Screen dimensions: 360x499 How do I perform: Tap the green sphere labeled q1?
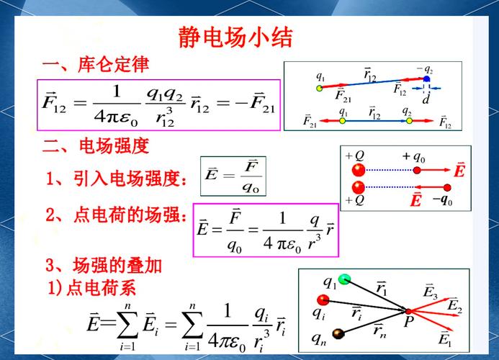(345, 279)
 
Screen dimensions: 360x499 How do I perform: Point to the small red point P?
(408, 311)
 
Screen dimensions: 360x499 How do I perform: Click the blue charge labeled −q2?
(426, 79)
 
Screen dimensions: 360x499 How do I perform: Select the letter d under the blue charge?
(426, 100)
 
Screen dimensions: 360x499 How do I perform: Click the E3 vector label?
(431, 292)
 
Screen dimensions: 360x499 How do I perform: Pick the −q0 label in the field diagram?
(442, 201)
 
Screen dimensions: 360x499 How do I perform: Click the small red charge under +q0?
(417, 171)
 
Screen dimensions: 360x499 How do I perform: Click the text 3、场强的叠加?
(104, 265)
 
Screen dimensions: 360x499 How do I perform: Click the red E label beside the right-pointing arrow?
(459, 171)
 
